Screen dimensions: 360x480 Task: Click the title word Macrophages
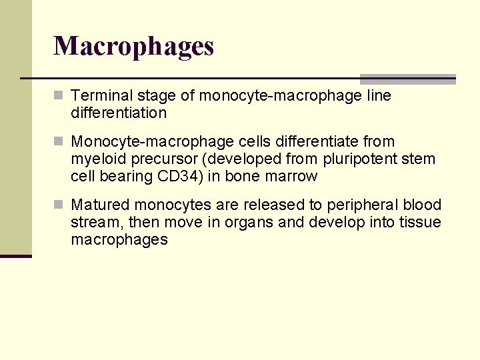pyautogui.click(x=133, y=47)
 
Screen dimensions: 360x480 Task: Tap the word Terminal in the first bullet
pyautogui.click(x=97, y=96)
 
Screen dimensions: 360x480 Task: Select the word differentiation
pyautogui.click(x=119, y=113)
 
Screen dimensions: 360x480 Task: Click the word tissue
pyautogui.click(x=423, y=222)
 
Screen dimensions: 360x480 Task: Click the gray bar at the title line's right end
pyautogui.click(x=407, y=79)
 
